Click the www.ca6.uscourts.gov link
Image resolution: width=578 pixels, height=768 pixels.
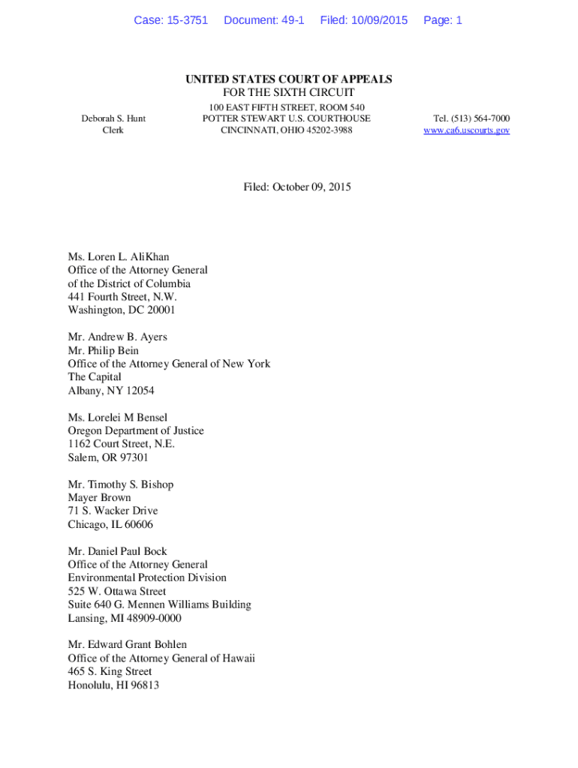pos(466,130)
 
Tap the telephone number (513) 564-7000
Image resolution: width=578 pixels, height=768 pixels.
pos(471,118)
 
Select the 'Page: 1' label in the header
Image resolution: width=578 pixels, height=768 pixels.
pos(443,20)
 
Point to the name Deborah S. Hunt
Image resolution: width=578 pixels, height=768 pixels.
pos(113,118)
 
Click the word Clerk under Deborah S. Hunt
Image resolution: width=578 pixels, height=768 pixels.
pos(113,130)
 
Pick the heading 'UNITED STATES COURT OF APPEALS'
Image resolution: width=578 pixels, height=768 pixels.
pos(289,79)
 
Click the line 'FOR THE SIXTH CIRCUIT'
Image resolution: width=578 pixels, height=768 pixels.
pos(289,93)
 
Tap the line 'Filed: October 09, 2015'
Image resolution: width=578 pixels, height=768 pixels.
pos(297,187)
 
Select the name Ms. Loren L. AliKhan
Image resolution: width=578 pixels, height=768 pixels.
pos(119,257)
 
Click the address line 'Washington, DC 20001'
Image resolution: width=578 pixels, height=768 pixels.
pos(122,310)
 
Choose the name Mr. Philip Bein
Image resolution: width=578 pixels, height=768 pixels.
pos(104,350)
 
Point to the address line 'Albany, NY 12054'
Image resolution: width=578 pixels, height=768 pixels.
pos(111,391)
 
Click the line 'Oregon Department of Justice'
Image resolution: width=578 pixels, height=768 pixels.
pos(136,431)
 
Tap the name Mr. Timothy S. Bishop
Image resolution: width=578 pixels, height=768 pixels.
pos(121,484)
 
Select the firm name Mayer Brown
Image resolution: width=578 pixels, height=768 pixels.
pos(99,498)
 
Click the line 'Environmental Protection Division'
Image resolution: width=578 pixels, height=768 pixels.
pos(147,578)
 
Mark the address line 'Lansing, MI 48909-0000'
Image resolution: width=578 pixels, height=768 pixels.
pos(125,619)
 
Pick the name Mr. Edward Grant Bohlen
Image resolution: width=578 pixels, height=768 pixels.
pos(128,645)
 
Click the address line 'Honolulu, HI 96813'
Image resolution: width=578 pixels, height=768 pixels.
pos(113,685)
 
